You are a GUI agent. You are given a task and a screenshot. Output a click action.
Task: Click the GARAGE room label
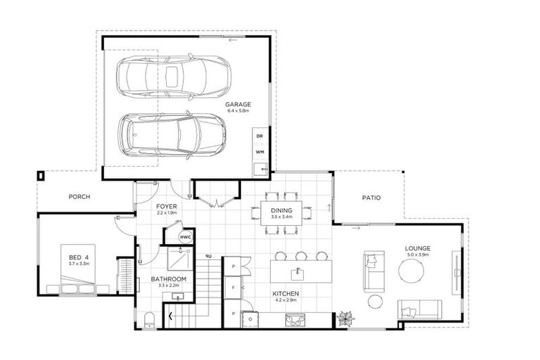click(x=238, y=105)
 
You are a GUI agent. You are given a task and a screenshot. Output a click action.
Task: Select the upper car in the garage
click(x=173, y=77)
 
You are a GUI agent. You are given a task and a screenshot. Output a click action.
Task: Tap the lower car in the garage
click(x=172, y=134)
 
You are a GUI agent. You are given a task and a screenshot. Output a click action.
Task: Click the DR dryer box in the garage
click(x=259, y=136)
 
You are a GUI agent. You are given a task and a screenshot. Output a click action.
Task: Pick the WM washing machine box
click(x=259, y=151)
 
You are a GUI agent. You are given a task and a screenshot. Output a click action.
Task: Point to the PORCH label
click(x=79, y=197)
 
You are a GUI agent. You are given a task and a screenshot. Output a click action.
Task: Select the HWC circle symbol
click(x=185, y=238)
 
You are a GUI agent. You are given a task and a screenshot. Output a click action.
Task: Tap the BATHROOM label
click(x=169, y=279)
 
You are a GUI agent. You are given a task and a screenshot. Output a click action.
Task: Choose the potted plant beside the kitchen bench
click(x=346, y=319)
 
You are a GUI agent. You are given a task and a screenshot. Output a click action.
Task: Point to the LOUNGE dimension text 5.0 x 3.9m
click(x=418, y=256)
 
